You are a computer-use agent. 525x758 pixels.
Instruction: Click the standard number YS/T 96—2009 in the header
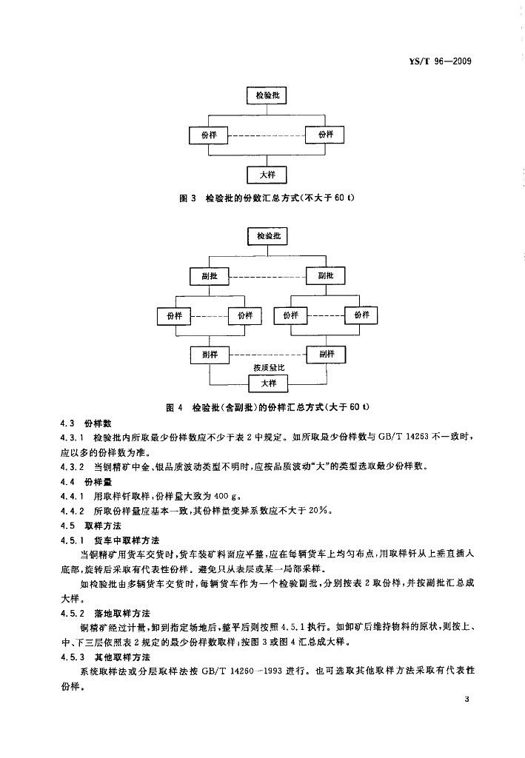tap(442, 61)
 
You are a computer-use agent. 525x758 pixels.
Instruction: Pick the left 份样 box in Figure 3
tap(209, 135)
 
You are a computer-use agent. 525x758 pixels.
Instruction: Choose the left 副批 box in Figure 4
tap(210, 276)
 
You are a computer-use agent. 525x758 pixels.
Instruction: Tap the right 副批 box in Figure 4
tap(326, 276)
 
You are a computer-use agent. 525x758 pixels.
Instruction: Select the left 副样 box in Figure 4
tap(210, 355)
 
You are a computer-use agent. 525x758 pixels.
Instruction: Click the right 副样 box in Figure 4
tap(326, 355)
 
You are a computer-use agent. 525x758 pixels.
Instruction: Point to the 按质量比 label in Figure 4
tap(267, 369)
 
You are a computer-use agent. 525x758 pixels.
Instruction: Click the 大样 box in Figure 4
tap(267, 383)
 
